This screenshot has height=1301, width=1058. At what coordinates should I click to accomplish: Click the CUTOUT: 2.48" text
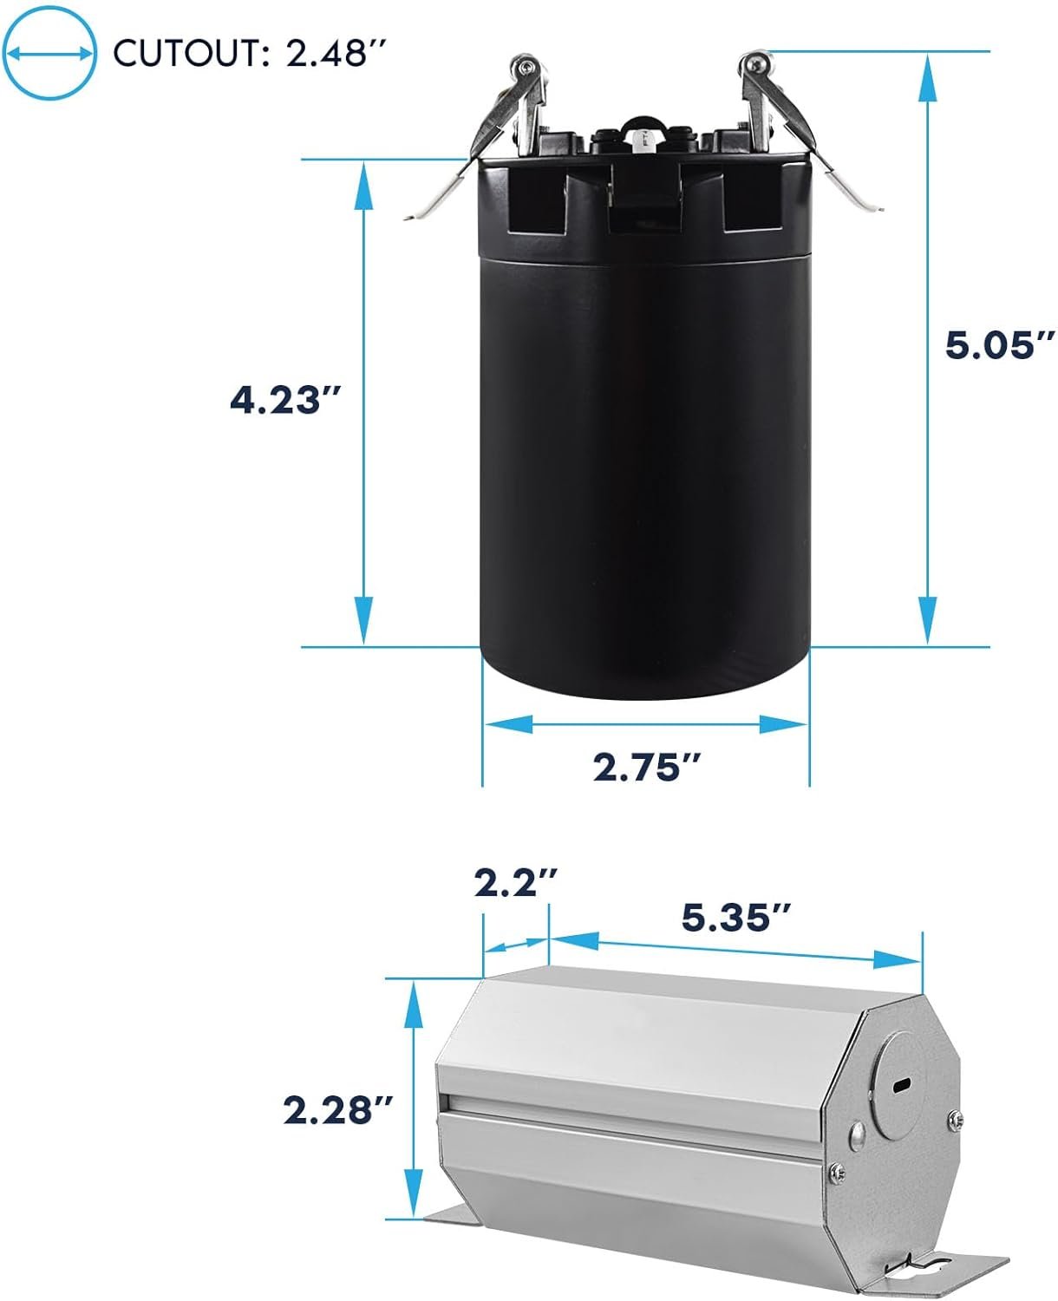click(250, 53)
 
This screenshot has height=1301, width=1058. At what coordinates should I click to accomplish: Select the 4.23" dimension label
click(284, 401)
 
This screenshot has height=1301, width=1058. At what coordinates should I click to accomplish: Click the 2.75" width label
click(647, 768)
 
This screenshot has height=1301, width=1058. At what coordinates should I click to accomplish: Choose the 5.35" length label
click(735, 918)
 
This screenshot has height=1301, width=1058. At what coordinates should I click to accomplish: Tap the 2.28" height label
click(337, 1110)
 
